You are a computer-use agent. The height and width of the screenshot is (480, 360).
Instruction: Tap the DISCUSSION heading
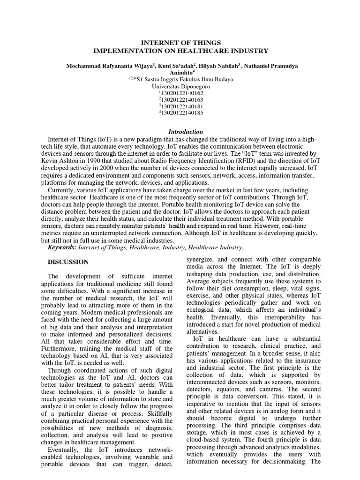68,262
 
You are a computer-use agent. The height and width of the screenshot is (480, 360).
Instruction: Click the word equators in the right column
255,389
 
